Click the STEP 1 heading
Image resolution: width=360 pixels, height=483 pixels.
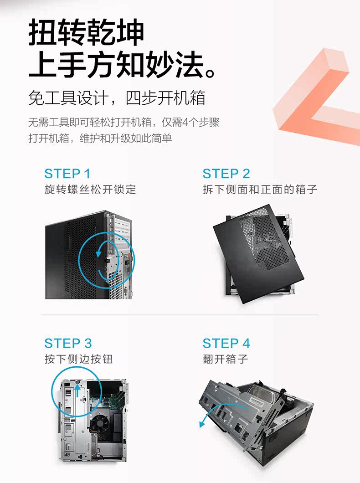(67, 174)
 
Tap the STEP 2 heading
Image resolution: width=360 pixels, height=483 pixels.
(226, 174)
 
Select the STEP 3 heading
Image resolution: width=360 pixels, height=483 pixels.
(68, 343)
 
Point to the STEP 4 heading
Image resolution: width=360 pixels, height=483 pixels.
(226, 343)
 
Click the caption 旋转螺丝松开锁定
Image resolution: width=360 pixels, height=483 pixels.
(90, 189)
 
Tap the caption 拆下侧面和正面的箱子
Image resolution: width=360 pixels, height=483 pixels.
(260, 189)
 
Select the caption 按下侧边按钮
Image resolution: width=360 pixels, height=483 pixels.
(78, 359)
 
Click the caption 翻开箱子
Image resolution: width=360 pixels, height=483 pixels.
(226, 359)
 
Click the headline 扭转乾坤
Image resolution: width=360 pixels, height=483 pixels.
(86, 32)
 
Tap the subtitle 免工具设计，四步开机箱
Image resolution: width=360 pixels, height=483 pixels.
(117, 98)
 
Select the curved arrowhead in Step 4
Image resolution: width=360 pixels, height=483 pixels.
(202, 424)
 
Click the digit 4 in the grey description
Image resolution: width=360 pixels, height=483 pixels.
(185, 123)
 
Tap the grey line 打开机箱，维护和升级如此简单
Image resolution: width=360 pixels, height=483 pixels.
(100, 139)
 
